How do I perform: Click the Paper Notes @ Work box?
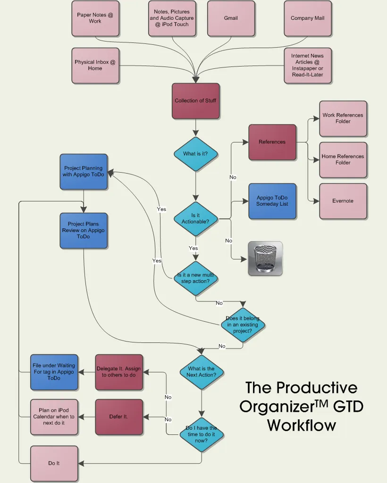pyautogui.click(x=95, y=18)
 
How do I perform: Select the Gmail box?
pyautogui.click(x=231, y=18)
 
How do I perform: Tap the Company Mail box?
pyautogui.click(x=307, y=18)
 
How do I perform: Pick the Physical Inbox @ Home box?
pyautogui.click(x=95, y=65)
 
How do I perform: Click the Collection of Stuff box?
pyautogui.click(x=195, y=101)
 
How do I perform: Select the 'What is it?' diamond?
pyautogui.click(x=195, y=154)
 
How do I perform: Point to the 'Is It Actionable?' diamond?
pyautogui.click(x=195, y=218)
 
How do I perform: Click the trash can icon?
pyautogui.click(x=265, y=258)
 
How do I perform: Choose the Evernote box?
pyautogui.click(x=343, y=201)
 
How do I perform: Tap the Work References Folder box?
pyautogui.click(x=343, y=118)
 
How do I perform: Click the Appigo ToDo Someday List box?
pyautogui.click(x=272, y=201)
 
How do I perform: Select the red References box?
pyautogui.click(x=272, y=142)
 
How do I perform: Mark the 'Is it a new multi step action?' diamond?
pyautogui.click(x=195, y=278)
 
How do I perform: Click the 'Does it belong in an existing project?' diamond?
pyautogui.click(x=243, y=325)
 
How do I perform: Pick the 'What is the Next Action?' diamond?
pyautogui.click(x=202, y=372)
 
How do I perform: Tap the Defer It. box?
pyautogui.click(x=119, y=417)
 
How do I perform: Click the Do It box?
pyautogui.click(x=54, y=463)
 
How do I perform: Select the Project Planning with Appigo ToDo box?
pyautogui.click(x=84, y=171)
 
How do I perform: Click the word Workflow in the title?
pyautogui.click(x=302, y=425)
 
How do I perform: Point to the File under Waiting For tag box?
pyautogui.click(x=54, y=372)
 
